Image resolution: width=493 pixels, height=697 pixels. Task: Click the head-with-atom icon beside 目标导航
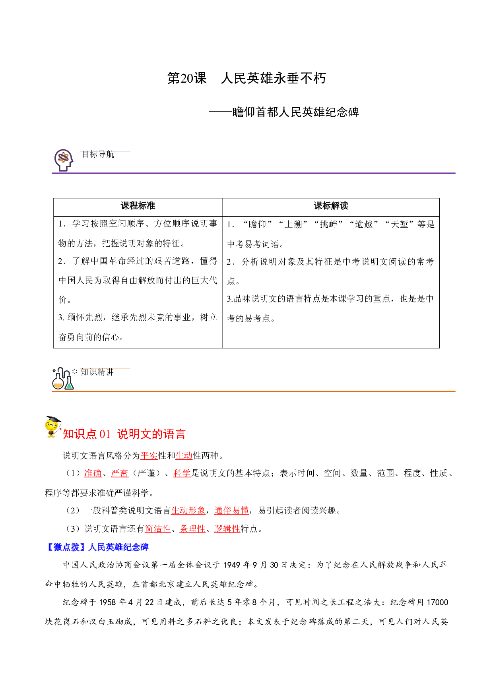tap(64, 160)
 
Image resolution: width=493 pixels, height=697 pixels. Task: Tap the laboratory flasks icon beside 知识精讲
tap(63, 378)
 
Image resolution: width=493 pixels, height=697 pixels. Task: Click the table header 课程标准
tap(138, 206)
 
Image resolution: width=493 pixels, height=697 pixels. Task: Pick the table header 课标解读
tap(331, 206)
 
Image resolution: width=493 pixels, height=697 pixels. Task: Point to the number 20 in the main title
tap(187, 78)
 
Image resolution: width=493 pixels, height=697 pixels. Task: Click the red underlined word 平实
tap(149, 456)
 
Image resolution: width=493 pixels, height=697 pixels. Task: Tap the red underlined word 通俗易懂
tap(231, 511)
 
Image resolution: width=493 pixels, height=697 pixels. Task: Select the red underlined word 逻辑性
tap(227, 529)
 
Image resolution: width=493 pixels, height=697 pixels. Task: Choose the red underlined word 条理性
tap(192, 529)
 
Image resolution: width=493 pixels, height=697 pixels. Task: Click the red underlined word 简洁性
tap(157, 529)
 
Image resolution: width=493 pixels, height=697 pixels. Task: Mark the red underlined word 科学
tap(182, 473)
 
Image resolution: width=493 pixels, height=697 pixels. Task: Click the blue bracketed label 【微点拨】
tap(66, 547)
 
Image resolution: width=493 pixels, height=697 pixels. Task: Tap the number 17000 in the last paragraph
tap(437, 602)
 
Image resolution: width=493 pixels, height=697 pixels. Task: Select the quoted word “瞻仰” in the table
tap(257, 225)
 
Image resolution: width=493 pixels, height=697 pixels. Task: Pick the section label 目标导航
tap(98, 155)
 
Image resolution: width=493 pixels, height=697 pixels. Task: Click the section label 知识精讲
tap(97, 372)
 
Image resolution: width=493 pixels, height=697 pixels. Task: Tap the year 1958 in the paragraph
tap(108, 602)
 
